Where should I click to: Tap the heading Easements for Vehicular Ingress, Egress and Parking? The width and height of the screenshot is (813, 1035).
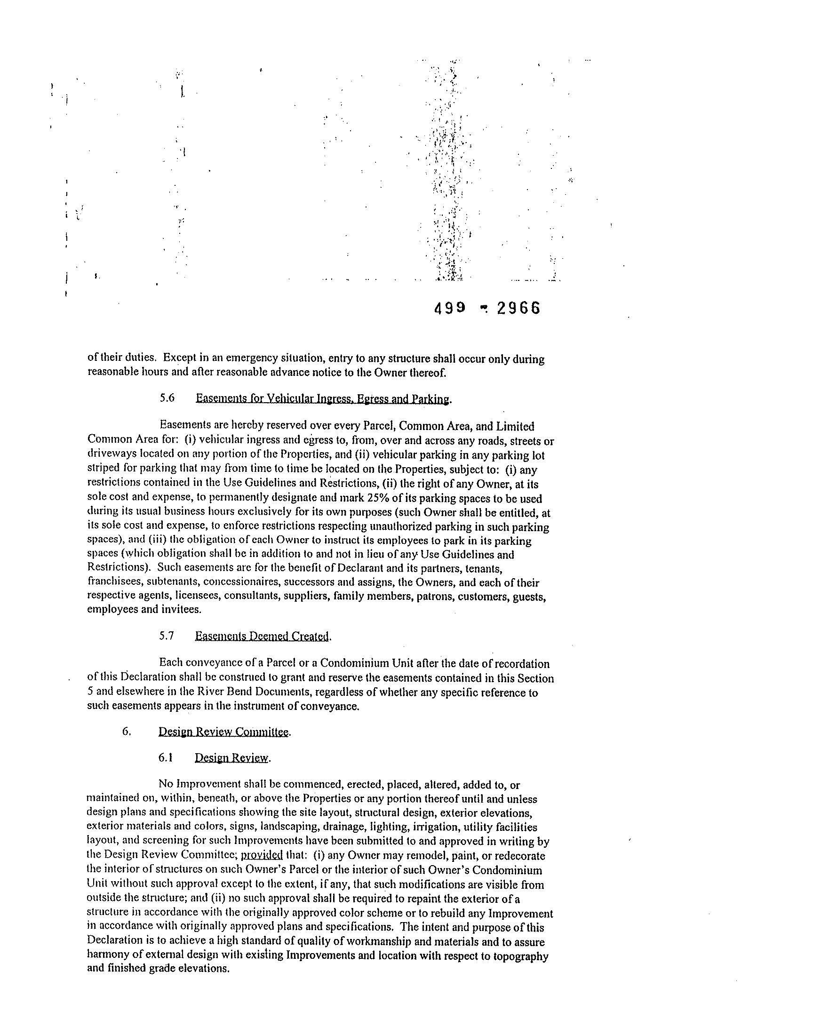tap(322, 399)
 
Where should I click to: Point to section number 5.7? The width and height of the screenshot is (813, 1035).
tap(167, 636)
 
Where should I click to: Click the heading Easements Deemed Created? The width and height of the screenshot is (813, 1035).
tap(262, 636)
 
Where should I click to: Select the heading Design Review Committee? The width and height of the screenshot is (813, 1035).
tap(224, 732)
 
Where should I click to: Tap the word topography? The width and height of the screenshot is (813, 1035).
tap(522, 956)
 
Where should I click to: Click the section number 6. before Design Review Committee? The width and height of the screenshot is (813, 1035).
tap(126, 731)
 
